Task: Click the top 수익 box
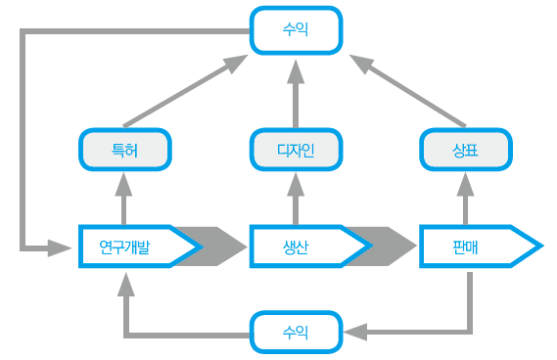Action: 296,30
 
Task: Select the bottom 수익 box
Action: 296,333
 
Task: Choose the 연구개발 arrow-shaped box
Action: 127,247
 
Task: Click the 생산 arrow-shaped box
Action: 299,247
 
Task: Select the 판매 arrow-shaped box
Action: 470,247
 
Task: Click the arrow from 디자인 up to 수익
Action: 296,93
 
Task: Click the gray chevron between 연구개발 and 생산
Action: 221,247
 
